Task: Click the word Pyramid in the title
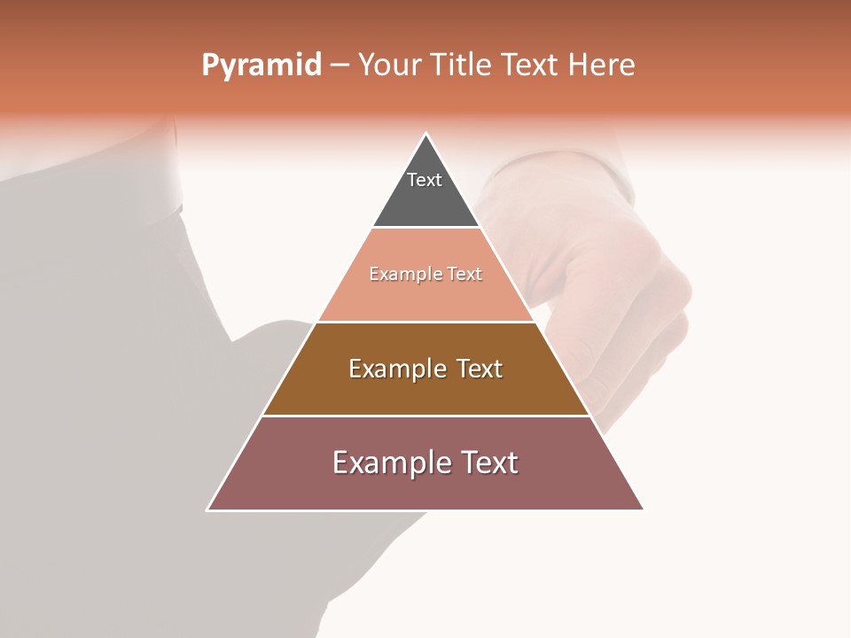[261, 66]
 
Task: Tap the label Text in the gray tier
[425, 180]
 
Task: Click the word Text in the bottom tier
[488, 463]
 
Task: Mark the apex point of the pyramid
[426, 135]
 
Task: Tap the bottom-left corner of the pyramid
[208, 510]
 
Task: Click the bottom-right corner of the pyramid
[643, 510]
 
